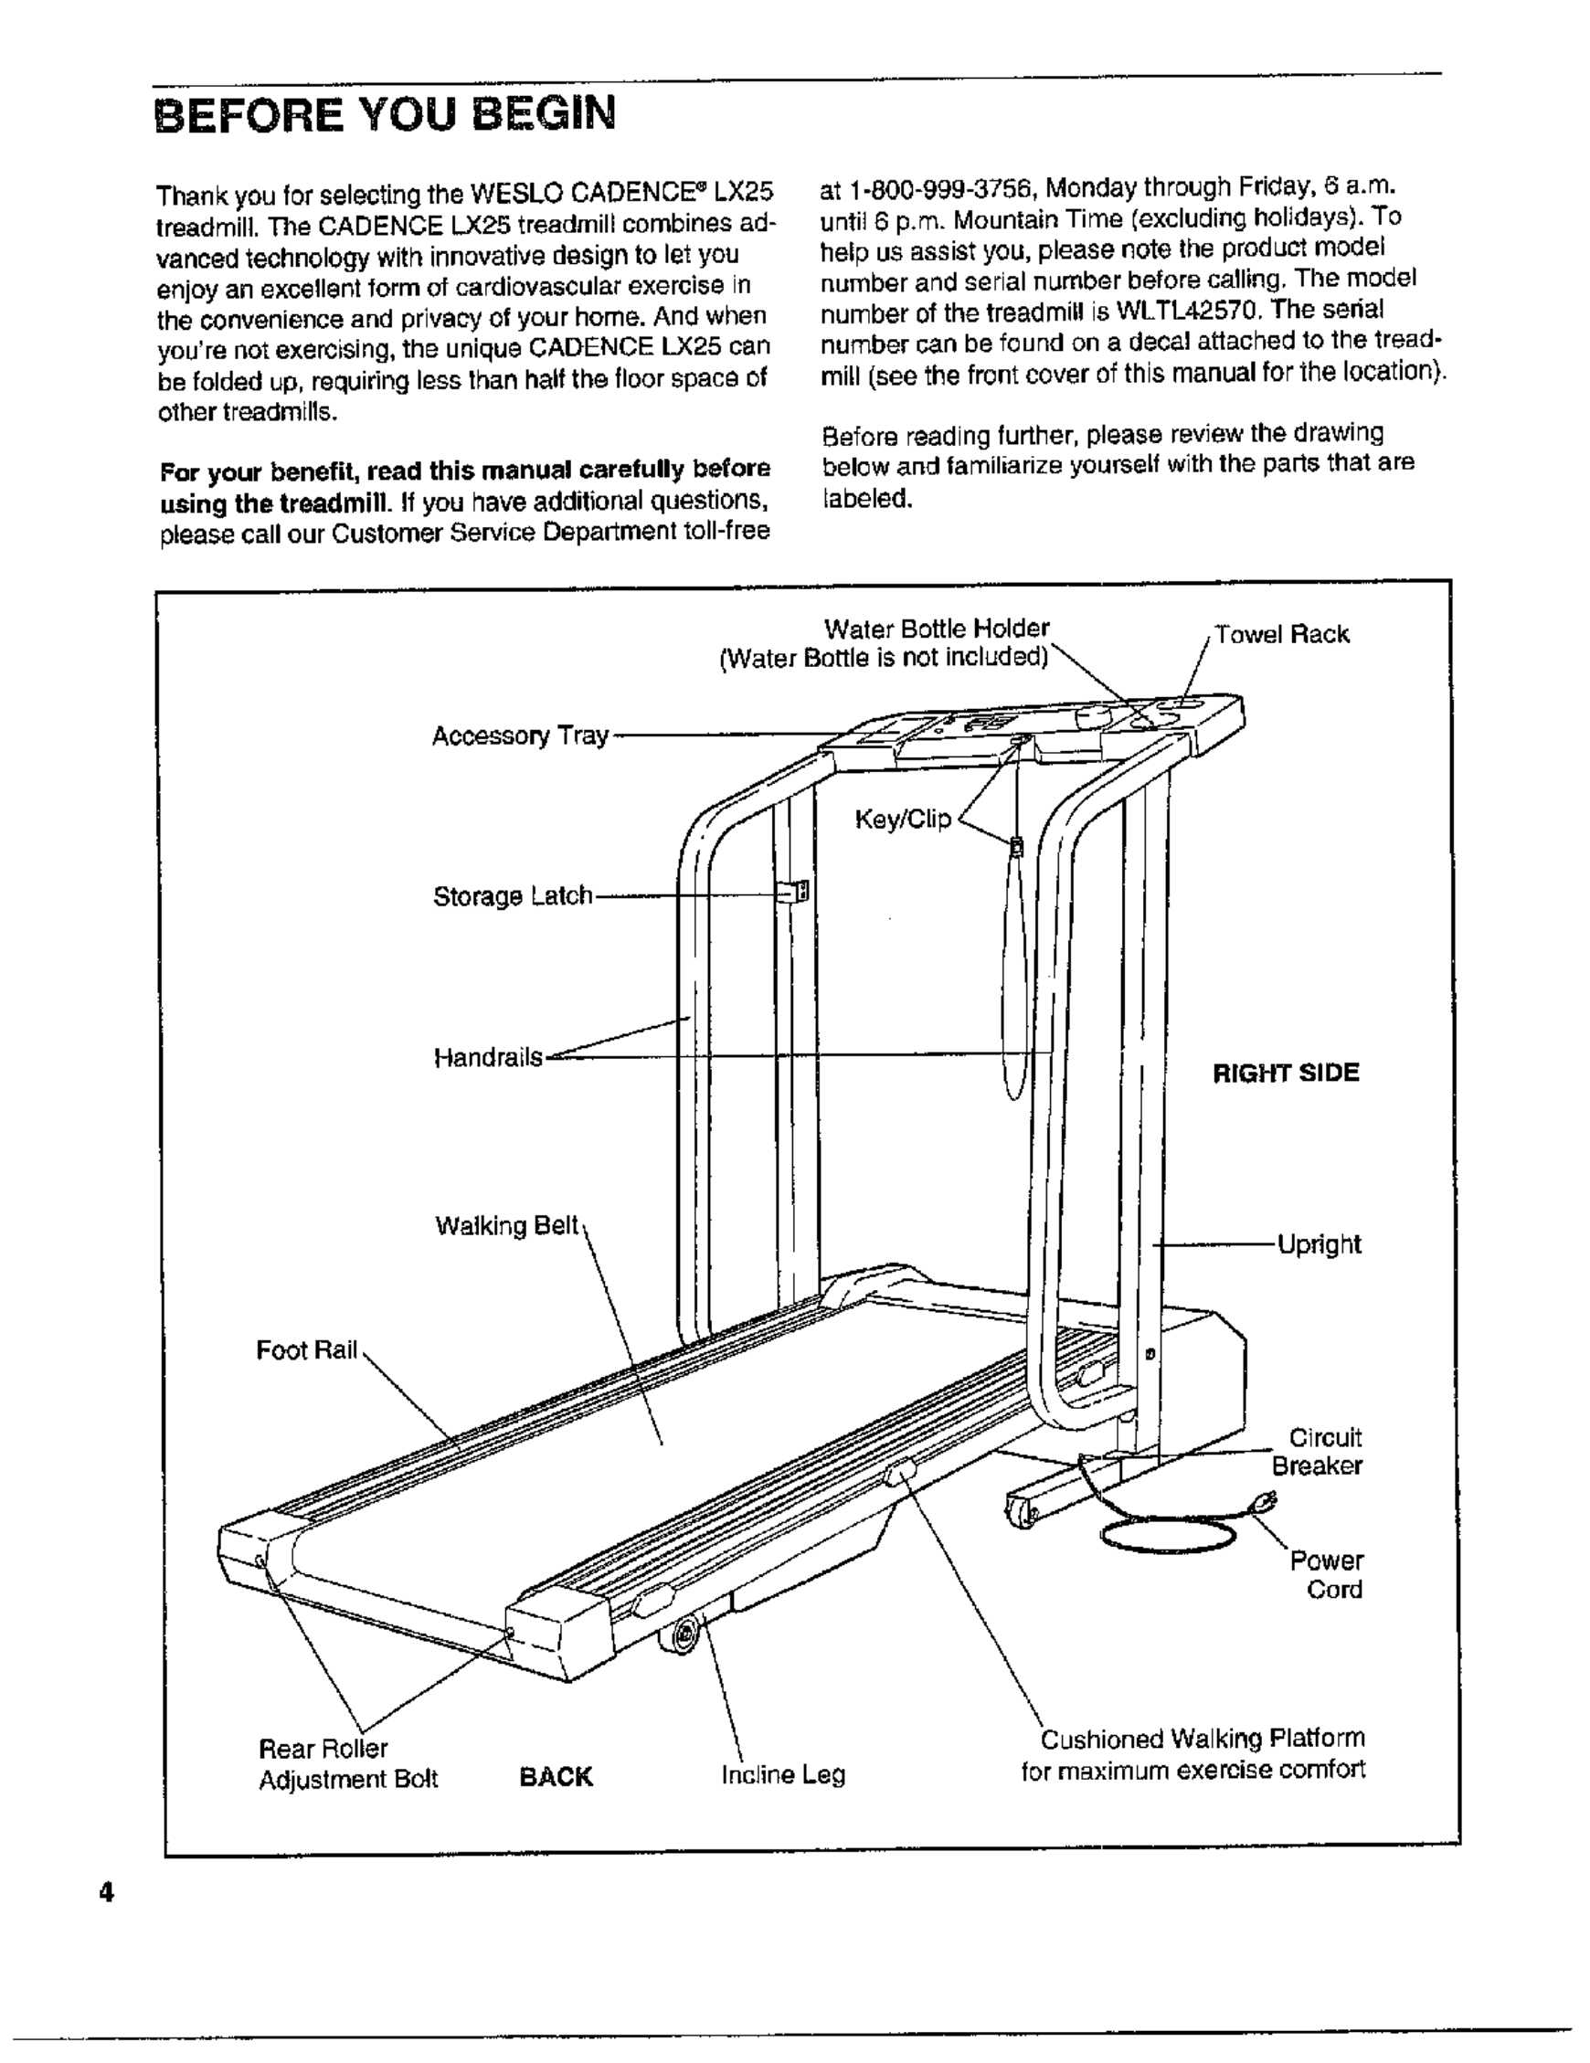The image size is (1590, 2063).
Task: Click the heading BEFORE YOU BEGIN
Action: click(x=385, y=115)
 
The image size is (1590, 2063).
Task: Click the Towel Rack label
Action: click(x=1281, y=634)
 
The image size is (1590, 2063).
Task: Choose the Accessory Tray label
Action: click(x=520, y=735)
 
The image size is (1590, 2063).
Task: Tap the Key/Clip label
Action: click(x=902, y=819)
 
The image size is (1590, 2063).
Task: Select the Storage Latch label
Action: click(x=512, y=895)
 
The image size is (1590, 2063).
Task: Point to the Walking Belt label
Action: click(x=506, y=1226)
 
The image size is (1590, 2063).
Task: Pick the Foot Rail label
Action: click(x=307, y=1350)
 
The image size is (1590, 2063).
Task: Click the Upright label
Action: click(x=1319, y=1244)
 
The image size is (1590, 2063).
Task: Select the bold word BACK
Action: click(x=556, y=1777)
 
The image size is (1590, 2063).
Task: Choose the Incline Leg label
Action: click(x=783, y=1776)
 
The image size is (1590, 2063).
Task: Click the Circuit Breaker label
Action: click(x=1318, y=1452)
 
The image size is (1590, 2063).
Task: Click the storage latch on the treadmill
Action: click(x=792, y=892)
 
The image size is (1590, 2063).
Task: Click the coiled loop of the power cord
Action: click(x=1168, y=1535)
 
